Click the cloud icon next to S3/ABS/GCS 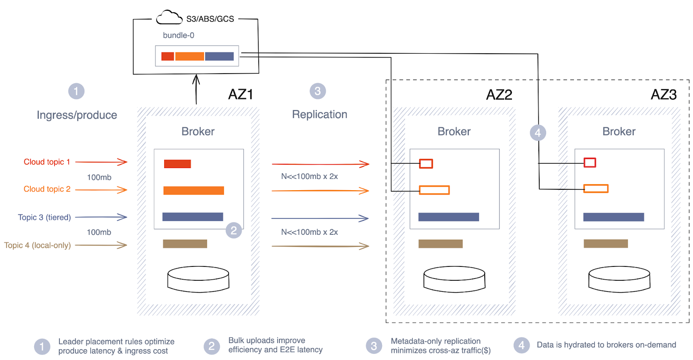(x=169, y=18)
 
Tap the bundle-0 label (x=178, y=36)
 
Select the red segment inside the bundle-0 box (x=168, y=56)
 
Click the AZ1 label (x=240, y=94)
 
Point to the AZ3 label (x=664, y=94)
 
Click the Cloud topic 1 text (x=47, y=162)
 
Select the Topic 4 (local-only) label (x=38, y=246)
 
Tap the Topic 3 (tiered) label (x=44, y=217)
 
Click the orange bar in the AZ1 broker (x=194, y=191)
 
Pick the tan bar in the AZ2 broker (x=440, y=244)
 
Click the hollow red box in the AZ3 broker (x=589, y=162)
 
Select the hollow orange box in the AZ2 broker (x=434, y=190)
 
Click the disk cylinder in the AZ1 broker (x=198, y=279)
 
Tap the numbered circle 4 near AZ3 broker (x=538, y=133)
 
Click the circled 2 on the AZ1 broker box (x=233, y=230)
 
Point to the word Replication (x=320, y=114)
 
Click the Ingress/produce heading (x=77, y=115)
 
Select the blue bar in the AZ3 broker (x=613, y=217)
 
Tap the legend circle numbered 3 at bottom (x=374, y=346)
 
